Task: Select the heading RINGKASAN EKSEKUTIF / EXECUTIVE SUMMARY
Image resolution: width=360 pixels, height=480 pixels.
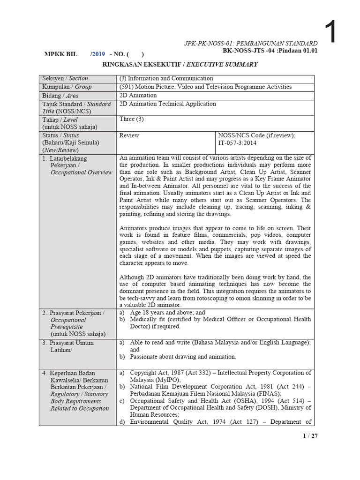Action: click(x=180, y=64)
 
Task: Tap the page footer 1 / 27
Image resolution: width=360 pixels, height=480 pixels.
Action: click(x=310, y=436)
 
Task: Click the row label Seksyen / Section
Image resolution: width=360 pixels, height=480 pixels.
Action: click(x=65, y=78)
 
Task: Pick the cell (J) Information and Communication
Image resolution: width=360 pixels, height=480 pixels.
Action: click(x=166, y=78)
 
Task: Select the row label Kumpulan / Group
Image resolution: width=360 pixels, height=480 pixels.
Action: click(x=67, y=87)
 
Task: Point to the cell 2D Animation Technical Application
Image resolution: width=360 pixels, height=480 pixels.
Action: click(x=168, y=104)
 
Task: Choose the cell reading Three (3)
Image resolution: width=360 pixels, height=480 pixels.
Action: click(x=131, y=120)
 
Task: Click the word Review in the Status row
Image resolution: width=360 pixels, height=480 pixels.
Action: click(x=129, y=135)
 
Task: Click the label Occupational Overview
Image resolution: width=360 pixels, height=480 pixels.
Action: click(x=82, y=172)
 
